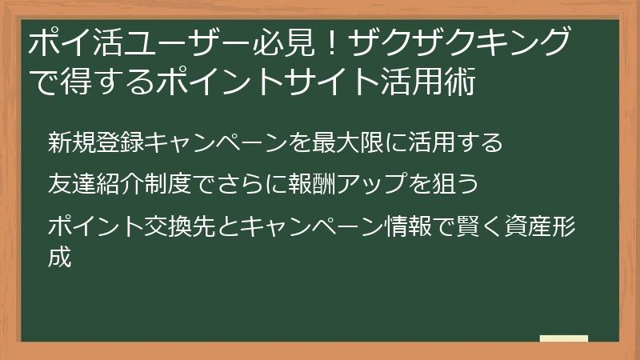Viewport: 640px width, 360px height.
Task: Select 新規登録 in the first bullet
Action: (x=95, y=143)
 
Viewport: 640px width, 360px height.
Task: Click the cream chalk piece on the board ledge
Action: (x=563, y=338)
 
